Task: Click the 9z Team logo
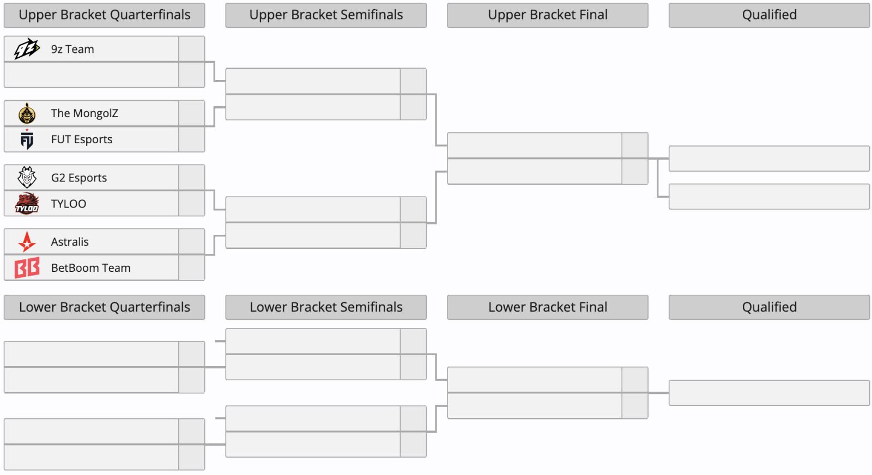pos(27,48)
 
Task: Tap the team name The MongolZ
pos(84,113)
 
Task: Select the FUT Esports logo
pos(27,139)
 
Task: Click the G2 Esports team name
pos(78,178)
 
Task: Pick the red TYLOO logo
pos(27,203)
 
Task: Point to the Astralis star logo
pos(27,241)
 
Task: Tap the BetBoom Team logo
pos(27,267)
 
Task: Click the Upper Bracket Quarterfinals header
pos(104,15)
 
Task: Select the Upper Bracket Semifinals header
pos(326,15)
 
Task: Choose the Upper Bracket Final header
pos(548,15)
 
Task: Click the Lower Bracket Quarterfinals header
pos(104,307)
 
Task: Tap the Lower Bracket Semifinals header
pos(326,307)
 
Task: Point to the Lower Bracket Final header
pos(548,307)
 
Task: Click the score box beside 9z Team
pos(191,49)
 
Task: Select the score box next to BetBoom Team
pos(191,267)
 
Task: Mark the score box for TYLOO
pos(191,204)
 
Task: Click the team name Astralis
pos(70,241)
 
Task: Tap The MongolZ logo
pos(27,113)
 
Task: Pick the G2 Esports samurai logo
pos(27,178)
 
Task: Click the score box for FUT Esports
pos(191,139)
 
